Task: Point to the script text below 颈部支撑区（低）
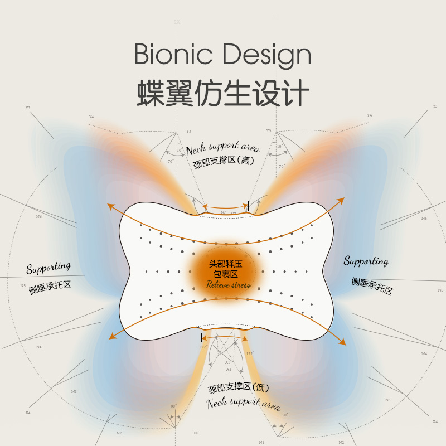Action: coord(243,403)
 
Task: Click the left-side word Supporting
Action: coord(49,268)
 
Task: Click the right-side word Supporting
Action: coord(366,261)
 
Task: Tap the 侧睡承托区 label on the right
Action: coord(372,286)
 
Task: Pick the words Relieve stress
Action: coord(228,284)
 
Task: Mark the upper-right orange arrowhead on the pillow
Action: coord(341,200)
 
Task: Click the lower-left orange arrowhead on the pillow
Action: coord(112,337)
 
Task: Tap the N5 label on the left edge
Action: coord(23,286)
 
